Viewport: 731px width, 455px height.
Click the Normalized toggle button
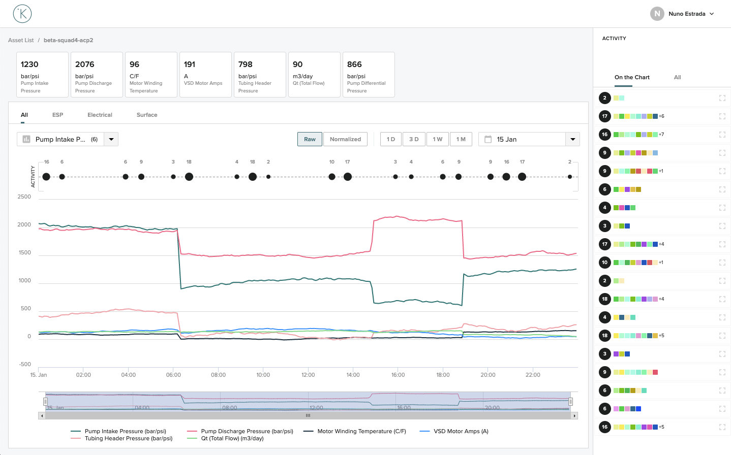click(x=345, y=139)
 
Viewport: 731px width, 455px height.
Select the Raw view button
click(x=310, y=139)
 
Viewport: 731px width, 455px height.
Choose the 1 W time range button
click(x=437, y=139)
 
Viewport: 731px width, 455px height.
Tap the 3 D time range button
click(x=414, y=139)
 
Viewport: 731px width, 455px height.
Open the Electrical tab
click(x=100, y=115)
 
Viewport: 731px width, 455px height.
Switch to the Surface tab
click(x=147, y=115)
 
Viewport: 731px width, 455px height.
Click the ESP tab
click(x=57, y=115)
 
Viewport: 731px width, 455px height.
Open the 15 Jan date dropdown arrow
click(x=573, y=139)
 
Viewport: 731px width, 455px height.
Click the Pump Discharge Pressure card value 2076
click(x=85, y=64)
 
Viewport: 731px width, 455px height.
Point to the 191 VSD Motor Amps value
click(x=190, y=64)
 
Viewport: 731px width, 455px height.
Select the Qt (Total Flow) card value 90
click(x=298, y=64)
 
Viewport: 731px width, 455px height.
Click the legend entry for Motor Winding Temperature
click(x=361, y=431)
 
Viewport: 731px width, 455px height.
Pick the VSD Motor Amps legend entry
click(x=460, y=431)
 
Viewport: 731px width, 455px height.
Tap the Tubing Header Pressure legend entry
click(x=128, y=439)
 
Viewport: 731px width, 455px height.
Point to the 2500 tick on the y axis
click(x=24, y=197)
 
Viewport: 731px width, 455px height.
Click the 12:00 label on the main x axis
click(x=308, y=375)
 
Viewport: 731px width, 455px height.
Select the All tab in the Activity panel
click(x=677, y=77)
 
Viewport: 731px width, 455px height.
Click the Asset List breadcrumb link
click(x=21, y=40)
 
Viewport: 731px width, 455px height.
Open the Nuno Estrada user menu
click(x=686, y=14)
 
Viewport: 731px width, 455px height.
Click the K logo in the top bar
click(x=22, y=14)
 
